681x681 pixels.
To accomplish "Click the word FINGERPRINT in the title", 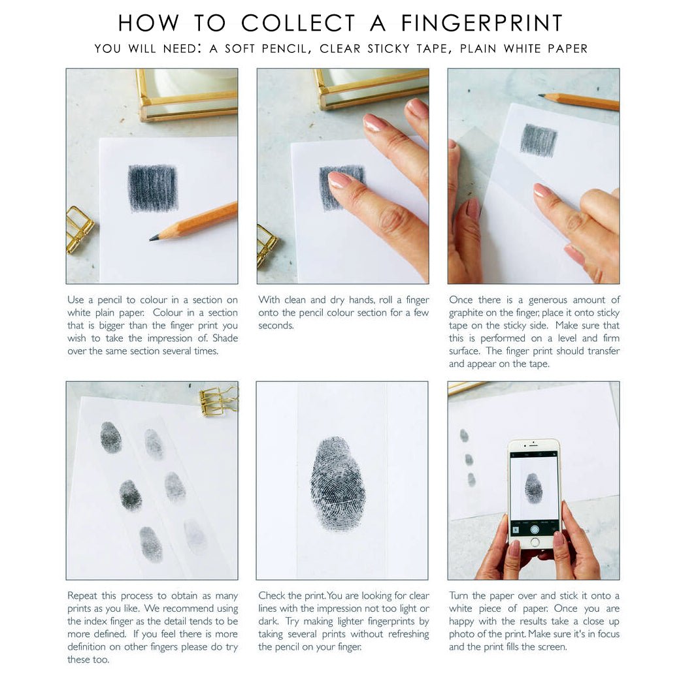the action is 482,23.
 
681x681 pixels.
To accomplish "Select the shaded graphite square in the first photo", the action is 153,187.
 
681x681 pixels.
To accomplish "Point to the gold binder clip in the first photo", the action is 79,230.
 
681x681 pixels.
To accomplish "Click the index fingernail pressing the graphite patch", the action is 339,179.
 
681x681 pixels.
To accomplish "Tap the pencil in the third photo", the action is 578,101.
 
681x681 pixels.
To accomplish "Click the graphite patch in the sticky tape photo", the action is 539,140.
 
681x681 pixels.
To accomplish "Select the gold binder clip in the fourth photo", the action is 219,400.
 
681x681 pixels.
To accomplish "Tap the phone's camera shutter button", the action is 535,530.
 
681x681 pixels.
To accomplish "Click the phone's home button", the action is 535,543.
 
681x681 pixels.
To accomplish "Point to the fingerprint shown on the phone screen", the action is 533,488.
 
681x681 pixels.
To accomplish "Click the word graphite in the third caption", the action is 466,313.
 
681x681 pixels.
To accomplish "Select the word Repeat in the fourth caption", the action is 82,596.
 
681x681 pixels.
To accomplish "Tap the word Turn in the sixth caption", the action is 459,595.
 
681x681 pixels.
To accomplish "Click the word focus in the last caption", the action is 608,634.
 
